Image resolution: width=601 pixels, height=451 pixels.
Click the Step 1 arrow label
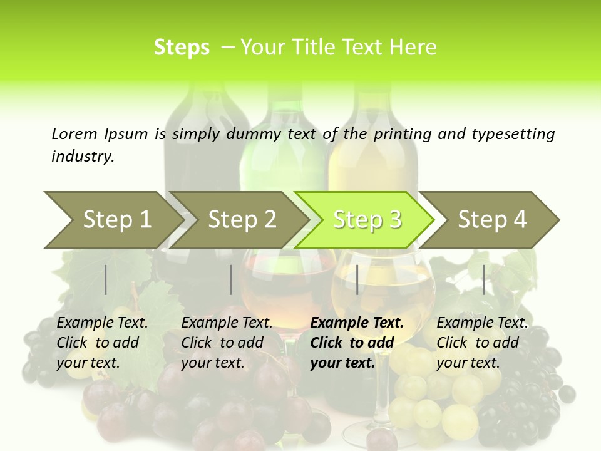(x=117, y=219)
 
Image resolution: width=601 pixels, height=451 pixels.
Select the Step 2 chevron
(x=242, y=219)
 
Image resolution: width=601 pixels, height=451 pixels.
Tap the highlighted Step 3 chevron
(x=367, y=219)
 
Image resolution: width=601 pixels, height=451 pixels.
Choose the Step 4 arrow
(x=492, y=219)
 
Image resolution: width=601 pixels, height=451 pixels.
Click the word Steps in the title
(x=182, y=47)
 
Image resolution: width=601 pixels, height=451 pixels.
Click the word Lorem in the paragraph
(x=74, y=133)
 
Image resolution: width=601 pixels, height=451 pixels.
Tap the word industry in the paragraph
(x=82, y=156)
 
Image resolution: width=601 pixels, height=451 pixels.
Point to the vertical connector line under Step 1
(x=106, y=279)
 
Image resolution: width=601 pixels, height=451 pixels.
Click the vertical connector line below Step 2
(x=231, y=279)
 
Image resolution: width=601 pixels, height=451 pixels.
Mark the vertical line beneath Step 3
(x=357, y=279)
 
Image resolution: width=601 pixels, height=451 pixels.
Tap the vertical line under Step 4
(x=483, y=279)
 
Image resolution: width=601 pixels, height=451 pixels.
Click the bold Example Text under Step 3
(x=357, y=323)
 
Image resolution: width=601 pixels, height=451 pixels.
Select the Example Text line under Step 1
(x=102, y=323)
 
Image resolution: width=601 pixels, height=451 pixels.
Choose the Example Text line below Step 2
(x=227, y=323)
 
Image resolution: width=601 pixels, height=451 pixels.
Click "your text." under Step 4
(x=468, y=363)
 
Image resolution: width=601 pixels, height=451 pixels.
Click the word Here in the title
(x=413, y=47)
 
